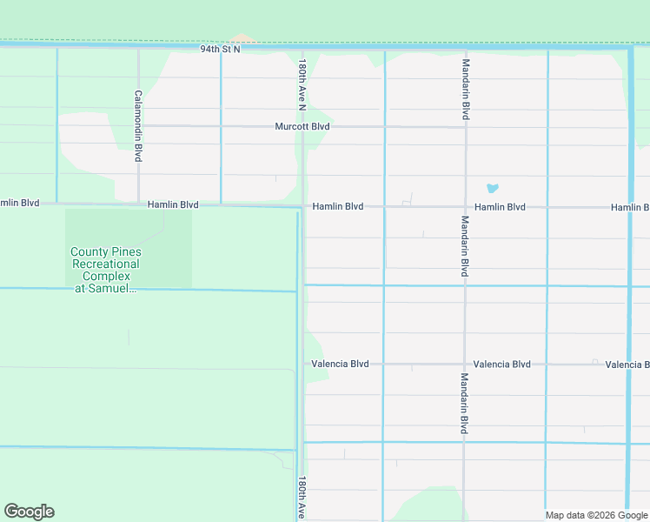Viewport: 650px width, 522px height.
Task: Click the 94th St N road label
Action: click(x=220, y=50)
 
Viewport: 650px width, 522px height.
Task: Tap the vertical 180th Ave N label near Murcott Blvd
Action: click(x=302, y=85)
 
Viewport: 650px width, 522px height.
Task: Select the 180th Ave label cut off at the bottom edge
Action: click(x=302, y=498)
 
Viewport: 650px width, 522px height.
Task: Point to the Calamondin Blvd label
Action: click(x=138, y=127)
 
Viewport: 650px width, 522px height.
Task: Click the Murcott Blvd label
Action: click(x=302, y=126)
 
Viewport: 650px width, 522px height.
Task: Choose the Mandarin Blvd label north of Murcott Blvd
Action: click(x=466, y=90)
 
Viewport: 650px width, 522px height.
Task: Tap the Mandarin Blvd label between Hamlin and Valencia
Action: click(x=466, y=246)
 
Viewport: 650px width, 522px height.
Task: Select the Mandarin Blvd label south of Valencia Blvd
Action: click(x=465, y=404)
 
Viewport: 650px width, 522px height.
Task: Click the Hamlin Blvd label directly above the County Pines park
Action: click(x=173, y=204)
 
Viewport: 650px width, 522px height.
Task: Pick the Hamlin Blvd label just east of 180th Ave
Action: click(x=338, y=207)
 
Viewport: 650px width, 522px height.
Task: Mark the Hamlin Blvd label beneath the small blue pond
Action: click(x=500, y=207)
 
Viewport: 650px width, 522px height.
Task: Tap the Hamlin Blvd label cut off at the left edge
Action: click(x=20, y=203)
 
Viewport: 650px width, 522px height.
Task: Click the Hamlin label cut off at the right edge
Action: click(x=629, y=207)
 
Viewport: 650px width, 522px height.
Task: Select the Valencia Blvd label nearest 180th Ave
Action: click(x=340, y=364)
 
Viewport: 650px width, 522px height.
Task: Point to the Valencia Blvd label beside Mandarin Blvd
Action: click(x=501, y=364)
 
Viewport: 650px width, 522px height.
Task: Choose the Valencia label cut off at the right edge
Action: click(x=627, y=365)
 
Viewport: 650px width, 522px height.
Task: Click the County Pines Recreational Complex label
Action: click(x=105, y=270)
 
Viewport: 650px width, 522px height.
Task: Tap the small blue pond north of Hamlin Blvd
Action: click(x=493, y=187)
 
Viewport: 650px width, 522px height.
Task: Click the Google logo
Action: click(x=29, y=512)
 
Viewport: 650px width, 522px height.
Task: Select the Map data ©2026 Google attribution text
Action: click(x=596, y=515)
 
